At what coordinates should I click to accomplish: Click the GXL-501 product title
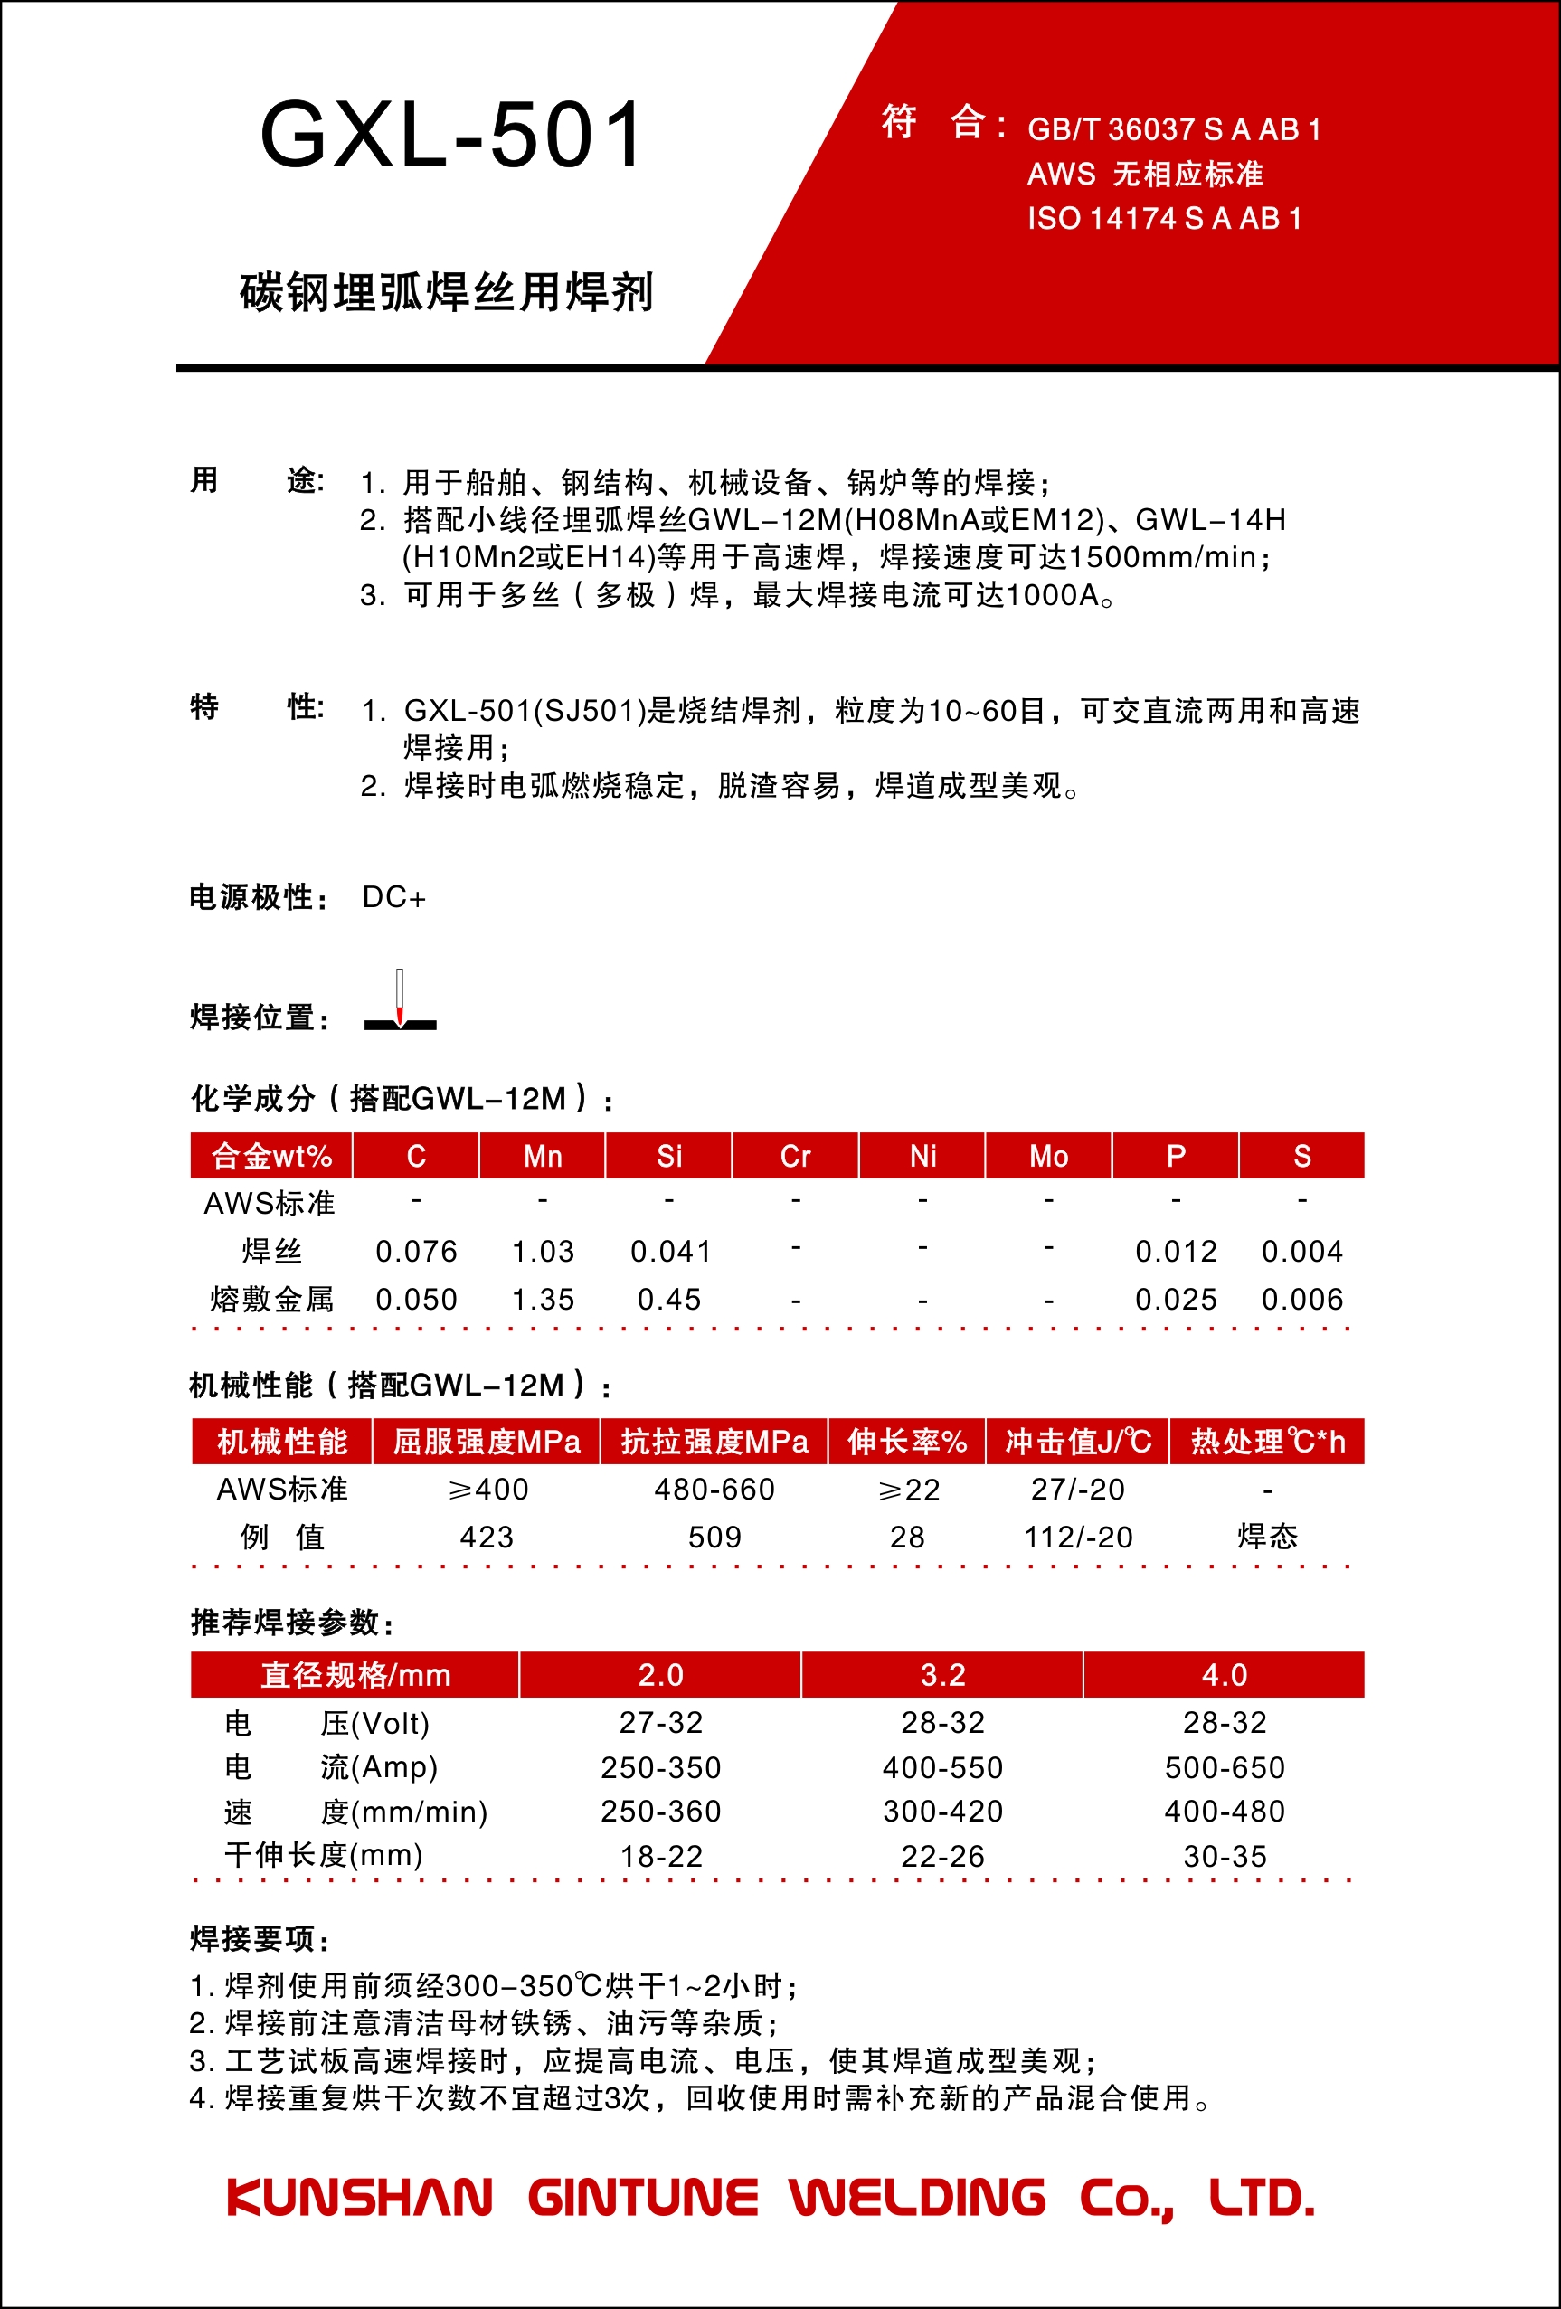452,135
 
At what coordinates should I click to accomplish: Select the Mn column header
543,1156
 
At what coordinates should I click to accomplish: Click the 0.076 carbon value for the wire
416,1251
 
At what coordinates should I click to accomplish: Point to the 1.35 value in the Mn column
543,1299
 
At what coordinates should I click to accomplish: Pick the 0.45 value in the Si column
668,1299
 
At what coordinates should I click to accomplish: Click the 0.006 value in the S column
1301,1299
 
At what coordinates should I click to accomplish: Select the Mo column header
1048,1156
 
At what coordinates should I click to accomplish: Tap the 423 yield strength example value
487,1537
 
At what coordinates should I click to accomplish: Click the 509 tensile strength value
714,1537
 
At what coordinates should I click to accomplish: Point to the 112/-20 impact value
1078,1537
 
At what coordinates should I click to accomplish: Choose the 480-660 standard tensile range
714,1490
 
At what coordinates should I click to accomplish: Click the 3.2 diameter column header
942,1675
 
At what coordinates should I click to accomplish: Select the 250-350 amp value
661,1767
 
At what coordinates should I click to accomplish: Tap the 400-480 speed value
1225,1812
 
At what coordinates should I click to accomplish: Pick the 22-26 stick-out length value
942,1856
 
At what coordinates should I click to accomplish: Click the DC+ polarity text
393,897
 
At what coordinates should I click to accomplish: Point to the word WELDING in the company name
917,2198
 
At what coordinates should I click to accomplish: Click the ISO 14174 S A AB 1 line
1164,219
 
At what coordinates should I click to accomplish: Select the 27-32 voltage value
661,1722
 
